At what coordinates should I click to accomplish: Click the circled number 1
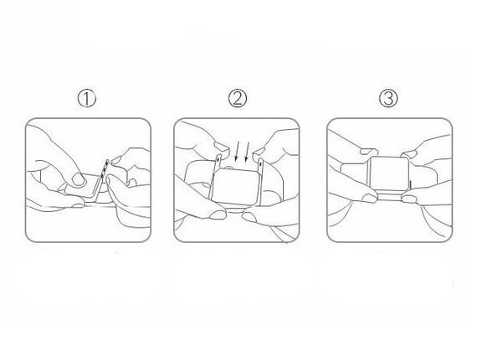tap(87, 99)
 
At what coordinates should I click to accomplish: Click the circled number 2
tap(238, 98)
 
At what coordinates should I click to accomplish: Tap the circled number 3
tap(388, 98)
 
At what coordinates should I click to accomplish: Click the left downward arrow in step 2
tap(238, 152)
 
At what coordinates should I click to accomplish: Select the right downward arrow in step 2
tap(247, 152)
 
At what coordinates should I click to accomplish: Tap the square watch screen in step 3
tap(388, 174)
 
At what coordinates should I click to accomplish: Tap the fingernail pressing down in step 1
tap(79, 179)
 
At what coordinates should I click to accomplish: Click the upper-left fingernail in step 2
tap(222, 147)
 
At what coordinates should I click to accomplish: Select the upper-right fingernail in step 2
tap(259, 151)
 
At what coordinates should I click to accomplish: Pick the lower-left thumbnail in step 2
tap(218, 215)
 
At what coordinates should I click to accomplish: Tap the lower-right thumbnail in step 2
tap(249, 217)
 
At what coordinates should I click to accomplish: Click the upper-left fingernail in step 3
tap(369, 152)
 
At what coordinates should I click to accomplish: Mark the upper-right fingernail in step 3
tap(409, 154)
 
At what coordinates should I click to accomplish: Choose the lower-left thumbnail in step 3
tap(370, 199)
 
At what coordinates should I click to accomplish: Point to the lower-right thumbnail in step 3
tap(409, 199)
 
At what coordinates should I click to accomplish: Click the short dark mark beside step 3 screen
tap(410, 185)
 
